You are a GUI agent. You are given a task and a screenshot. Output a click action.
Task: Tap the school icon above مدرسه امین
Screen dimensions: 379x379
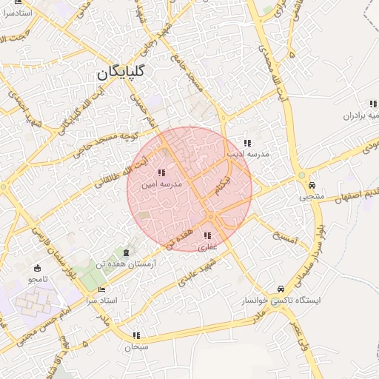point(161,172)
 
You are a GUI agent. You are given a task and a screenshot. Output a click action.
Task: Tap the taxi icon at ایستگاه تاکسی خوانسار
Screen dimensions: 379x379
point(280,289)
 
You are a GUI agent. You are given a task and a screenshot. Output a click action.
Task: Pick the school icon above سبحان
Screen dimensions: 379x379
point(136,335)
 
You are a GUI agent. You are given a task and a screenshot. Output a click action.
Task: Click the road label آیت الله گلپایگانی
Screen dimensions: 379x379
point(74,112)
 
